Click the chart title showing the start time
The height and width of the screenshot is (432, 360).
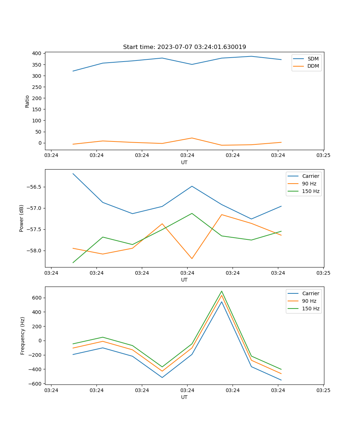(x=184, y=47)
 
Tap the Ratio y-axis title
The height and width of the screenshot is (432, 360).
(x=27, y=101)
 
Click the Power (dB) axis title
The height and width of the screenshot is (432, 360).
(x=22, y=218)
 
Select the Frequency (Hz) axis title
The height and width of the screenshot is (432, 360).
(x=23, y=336)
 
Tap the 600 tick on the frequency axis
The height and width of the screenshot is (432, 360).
(x=37, y=298)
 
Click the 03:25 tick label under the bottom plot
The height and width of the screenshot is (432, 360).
(x=323, y=390)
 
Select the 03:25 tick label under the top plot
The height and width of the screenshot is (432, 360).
(x=323, y=156)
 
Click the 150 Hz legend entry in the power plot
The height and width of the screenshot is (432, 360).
(x=311, y=191)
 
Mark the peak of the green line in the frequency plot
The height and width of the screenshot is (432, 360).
(x=222, y=291)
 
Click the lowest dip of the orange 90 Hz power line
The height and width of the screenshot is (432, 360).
(x=192, y=258)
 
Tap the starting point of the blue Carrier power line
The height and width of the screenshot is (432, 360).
(x=73, y=174)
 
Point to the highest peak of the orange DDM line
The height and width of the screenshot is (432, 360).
(x=192, y=138)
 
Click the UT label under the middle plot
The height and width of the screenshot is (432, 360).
(x=184, y=280)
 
